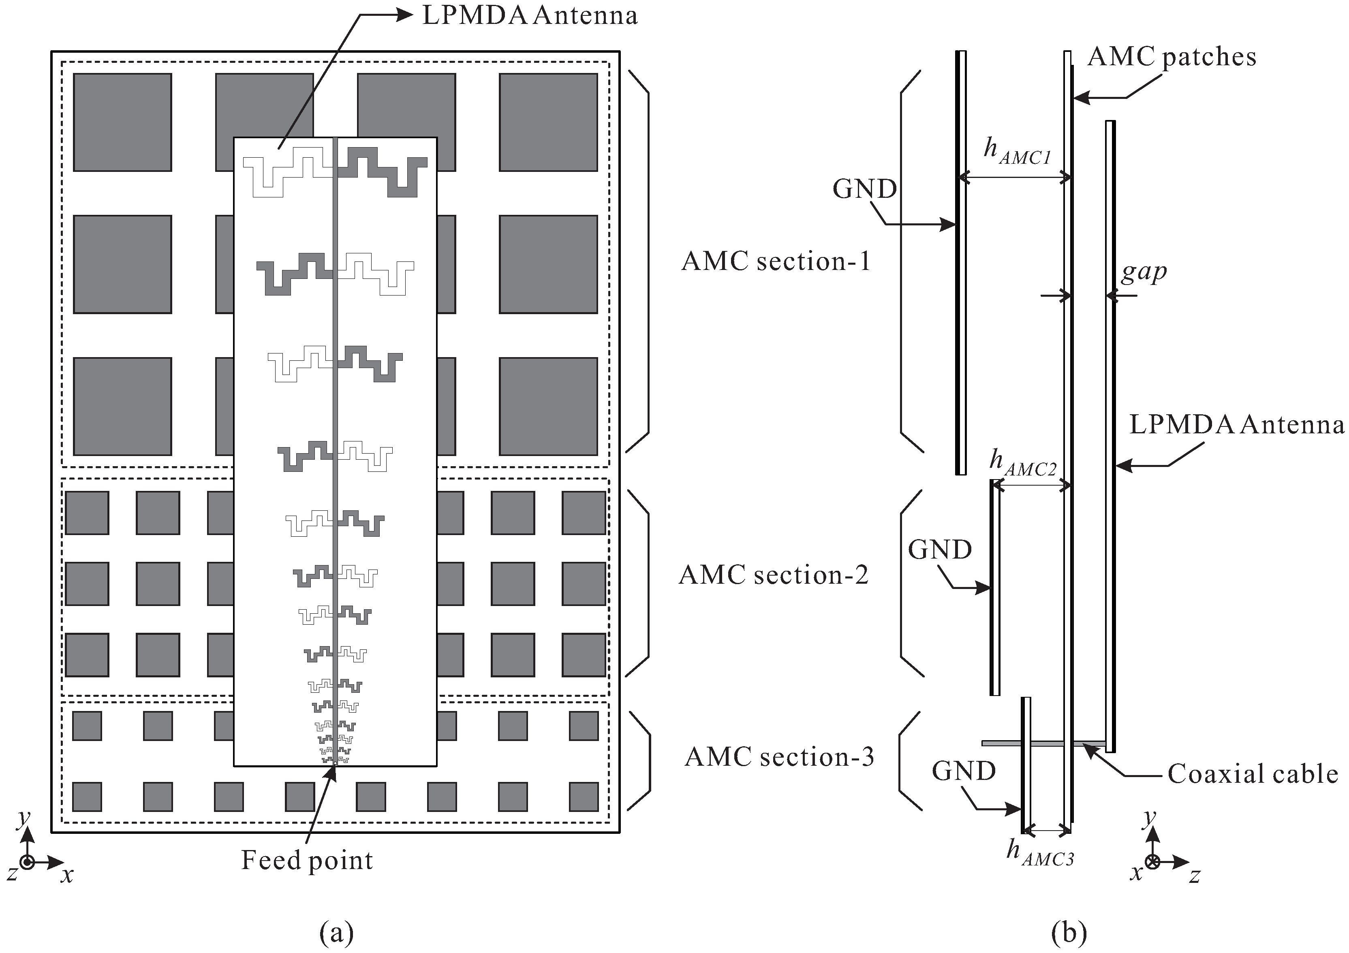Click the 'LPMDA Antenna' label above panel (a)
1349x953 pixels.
[529, 15]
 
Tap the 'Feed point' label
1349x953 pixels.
[307, 861]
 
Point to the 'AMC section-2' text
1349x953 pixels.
[773, 575]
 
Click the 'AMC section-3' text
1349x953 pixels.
[779, 757]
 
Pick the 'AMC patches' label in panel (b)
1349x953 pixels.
[1172, 57]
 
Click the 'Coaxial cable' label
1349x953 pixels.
[1253, 774]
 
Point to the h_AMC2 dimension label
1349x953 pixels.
[1022, 462]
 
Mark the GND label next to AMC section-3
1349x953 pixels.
[964, 771]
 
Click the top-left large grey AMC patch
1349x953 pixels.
[122, 122]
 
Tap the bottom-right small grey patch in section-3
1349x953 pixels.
[584, 797]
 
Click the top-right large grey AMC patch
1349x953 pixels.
[548, 122]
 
